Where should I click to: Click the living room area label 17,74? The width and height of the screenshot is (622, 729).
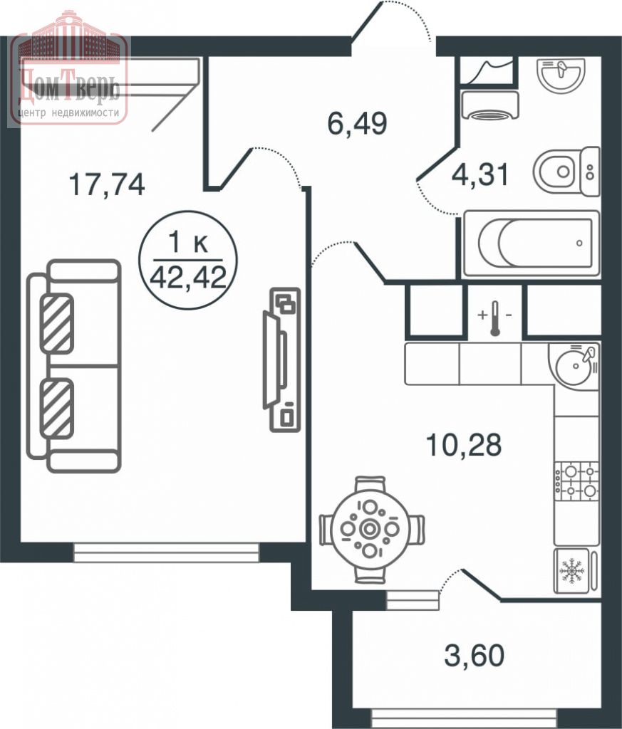pyautogui.click(x=107, y=184)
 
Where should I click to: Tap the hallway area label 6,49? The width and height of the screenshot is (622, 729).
pyautogui.click(x=357, y=124)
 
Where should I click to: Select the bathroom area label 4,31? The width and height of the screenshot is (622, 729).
pyautogui.click(x=481, y=174)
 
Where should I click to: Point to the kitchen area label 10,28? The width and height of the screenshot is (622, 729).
pyautogui.click(x=464, y=445)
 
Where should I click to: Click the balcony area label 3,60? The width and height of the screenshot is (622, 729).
pyautogui.click(x=474, y=655)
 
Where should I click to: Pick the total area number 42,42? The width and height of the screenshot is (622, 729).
pyautogui.click(x=188, y=277)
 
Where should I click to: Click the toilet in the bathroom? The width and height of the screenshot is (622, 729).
pyautogui.click(x=566, y=171)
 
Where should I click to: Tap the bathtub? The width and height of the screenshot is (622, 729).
pyautogui.click(x=532, y=243)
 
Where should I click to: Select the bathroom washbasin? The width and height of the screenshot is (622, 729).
pyautogui.click(x=561, y=74)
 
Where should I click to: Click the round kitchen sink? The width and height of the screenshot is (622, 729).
pyautogui.click(x=574, y=365)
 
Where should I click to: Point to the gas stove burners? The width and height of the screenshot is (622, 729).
pyautogui.click(x=576, y=481)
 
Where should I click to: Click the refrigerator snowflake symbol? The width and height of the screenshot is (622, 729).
pyautogui.click(x=571, y=570)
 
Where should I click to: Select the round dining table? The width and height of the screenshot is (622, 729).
pyautogui.click(x=370, y=529)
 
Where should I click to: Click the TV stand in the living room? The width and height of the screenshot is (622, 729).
pyautogui.click(x=282, y=360)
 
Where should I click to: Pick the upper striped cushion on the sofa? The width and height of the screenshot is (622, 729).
pyautogui.click(x=57, y=323)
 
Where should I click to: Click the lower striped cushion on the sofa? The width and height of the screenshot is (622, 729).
pyautogui.click(x=57, y=408)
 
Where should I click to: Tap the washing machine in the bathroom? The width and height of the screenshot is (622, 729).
pyautogui.click(x=489, y=105)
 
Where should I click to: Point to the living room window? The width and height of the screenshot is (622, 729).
pyautogui.click(x=166, y=552)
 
